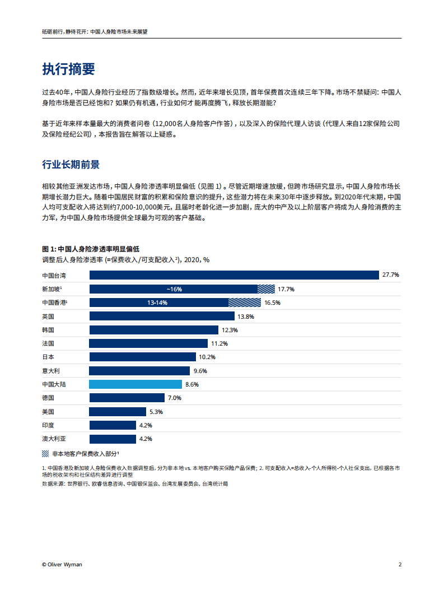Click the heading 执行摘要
click(68, 69)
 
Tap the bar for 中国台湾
click(234, 275)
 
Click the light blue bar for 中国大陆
click(135, 384)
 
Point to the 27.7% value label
click(390, 275)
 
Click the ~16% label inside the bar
click(174, 289)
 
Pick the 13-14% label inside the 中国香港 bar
click(157, 303)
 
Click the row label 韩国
click(48, 330)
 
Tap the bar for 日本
click(142, 357)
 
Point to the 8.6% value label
click(191, 384)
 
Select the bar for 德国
click(127, 398)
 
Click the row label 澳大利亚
click(54, 439)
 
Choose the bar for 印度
click(113, 425)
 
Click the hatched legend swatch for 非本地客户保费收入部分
click(45, 453)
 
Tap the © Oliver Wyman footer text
click(62, 564)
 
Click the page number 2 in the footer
click(400, 564)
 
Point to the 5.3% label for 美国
click(156, 412)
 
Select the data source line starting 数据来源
click(135, 483)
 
